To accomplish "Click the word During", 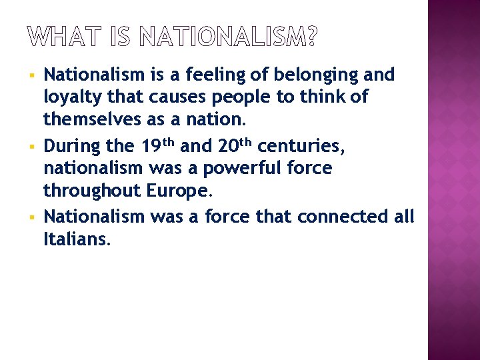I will tap(70, 145).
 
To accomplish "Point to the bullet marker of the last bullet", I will tap(31, 217).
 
